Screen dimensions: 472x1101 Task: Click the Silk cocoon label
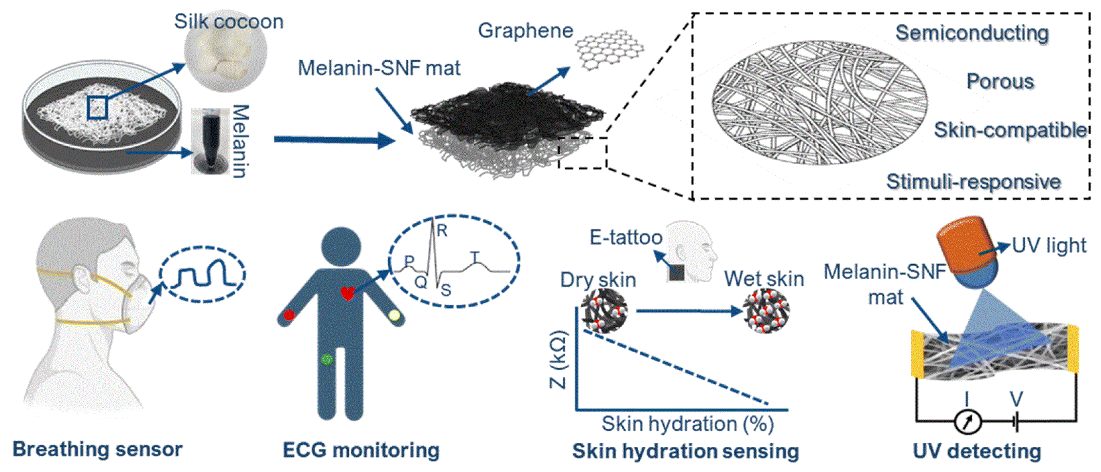point(229,21)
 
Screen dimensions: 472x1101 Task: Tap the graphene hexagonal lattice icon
point(609,49)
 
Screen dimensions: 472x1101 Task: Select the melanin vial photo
point(210,141)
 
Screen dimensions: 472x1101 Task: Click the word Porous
point(1000,81)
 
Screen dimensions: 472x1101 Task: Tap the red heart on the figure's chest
point(347,293)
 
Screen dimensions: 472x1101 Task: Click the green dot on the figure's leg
point(327,359)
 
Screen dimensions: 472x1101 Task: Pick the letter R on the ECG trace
point(442,231)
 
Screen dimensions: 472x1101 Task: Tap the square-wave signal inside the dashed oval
point(203,274)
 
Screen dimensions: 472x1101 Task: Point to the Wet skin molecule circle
point(766,311)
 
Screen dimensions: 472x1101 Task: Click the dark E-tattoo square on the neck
point(677,272)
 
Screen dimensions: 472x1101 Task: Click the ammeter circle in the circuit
point(968,422)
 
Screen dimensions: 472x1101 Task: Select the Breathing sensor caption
point(98,449)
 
